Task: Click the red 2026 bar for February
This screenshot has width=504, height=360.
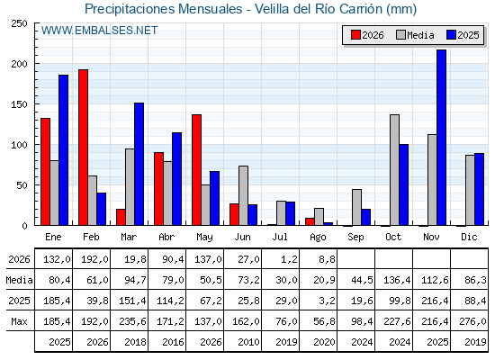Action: [83, 148]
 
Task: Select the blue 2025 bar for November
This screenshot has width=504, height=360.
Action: [441, 138]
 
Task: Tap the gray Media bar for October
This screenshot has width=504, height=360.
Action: [395, 170]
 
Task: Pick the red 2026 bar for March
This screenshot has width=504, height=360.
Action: [121, 217]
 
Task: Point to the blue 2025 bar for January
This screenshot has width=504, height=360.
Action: [63, 150]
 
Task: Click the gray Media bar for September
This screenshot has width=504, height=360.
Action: [356, 207]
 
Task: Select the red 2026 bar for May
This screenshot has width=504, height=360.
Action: [197, 170]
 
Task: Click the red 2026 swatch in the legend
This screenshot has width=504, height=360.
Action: [355, 35]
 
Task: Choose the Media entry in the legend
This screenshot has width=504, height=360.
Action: [415, 35]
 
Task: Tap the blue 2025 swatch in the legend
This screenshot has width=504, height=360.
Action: [451, 35]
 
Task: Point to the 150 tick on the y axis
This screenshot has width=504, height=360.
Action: [36, 104]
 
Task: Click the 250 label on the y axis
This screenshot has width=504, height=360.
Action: [19, 23]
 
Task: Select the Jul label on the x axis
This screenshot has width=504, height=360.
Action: [280, 238]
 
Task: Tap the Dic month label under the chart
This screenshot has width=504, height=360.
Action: [469, 238]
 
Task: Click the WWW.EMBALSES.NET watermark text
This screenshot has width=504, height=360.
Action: [99, 31]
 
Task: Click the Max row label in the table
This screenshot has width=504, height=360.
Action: [19, 321]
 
